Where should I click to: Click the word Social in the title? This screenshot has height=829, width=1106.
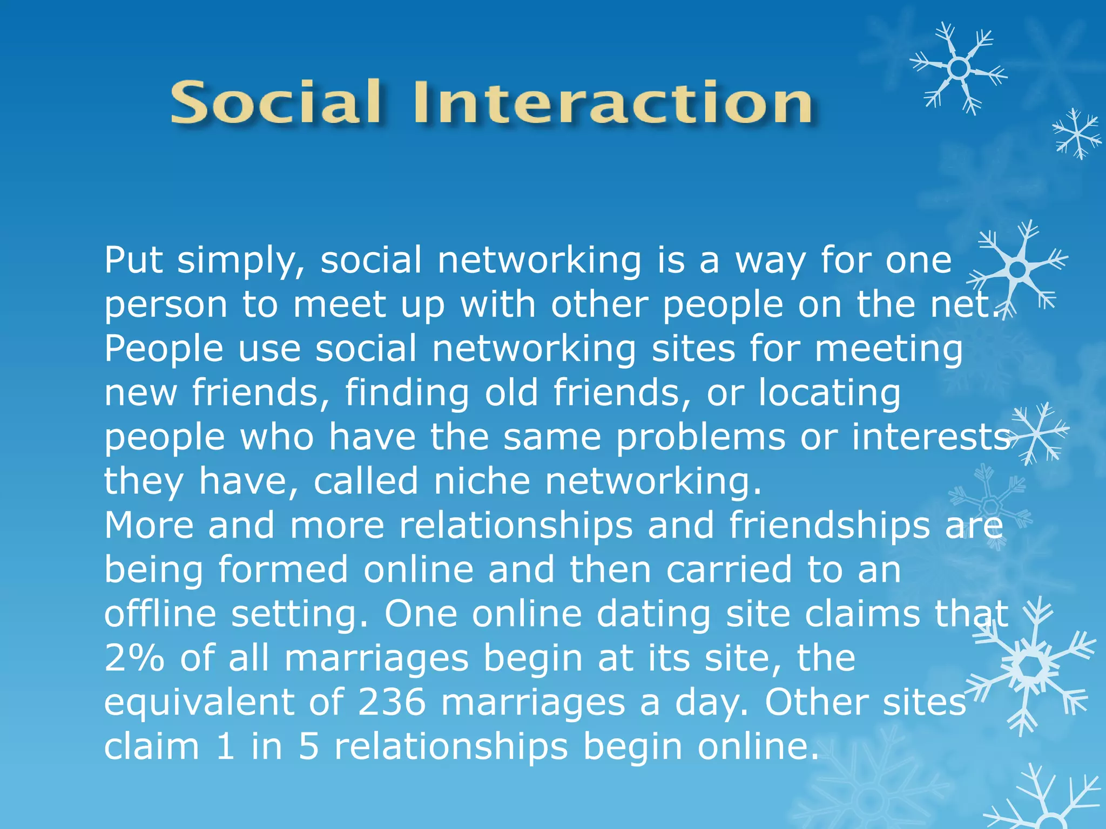coord(276,103)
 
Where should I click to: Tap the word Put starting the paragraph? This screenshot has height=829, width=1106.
coord(133,260)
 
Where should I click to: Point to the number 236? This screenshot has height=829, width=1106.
coord(392,702)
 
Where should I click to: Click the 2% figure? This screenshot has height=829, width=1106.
coord(134,658)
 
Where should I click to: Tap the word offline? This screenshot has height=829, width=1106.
coord(160,614)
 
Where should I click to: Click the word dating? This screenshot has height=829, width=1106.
coord(653,615)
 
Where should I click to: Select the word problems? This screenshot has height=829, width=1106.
coord(700,437)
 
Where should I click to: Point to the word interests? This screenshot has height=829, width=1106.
coord(930,437)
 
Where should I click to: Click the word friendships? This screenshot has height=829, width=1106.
coord(829,525)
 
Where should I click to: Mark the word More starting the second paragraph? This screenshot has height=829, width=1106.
coord(149,525)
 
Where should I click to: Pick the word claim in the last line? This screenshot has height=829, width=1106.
coord(152,746)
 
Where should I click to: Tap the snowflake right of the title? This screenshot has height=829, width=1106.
coord(958,69)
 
